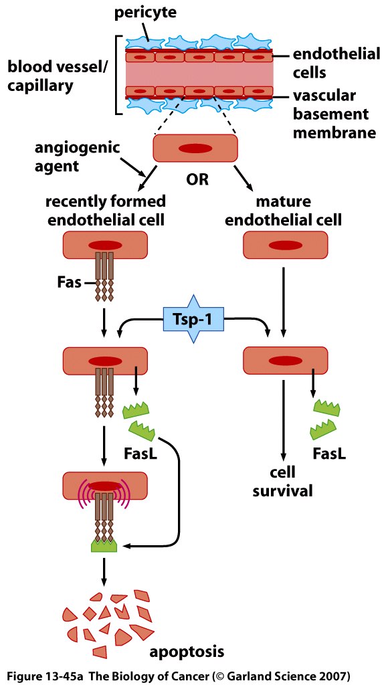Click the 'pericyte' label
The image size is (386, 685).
pyautogui.click(x=145, y=13)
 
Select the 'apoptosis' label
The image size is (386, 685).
pyautogui.click(x=187, y=652)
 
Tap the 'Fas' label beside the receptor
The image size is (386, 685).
pyautogui.click(x=70, y=283)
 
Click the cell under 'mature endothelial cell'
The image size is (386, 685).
pyautogui.click(x=285, y=245)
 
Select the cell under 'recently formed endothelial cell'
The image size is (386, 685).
pyautogui.click(x=105, y=245)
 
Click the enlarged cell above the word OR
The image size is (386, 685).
pyautogui.click(x=195, y=148)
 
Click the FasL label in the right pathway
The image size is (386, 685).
pyautogui.click(x=329, y=454)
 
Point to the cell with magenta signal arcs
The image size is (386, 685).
pyautogui.click(x=105, y=486)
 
